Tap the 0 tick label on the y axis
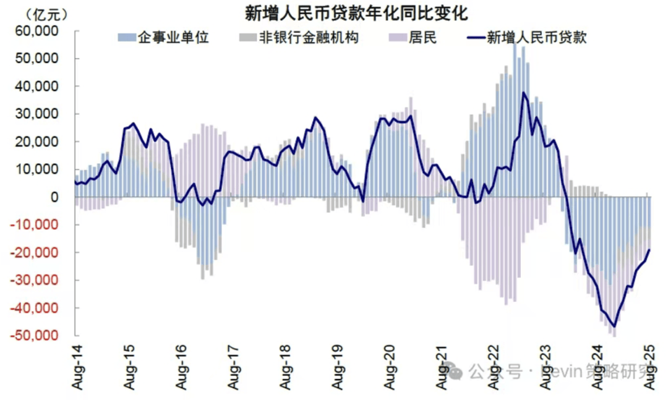pyautogui.click(x=54, y=197)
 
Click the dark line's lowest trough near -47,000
pyautogui.click(x=614, y=326)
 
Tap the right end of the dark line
pyautogui.click(x=649, y=250)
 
